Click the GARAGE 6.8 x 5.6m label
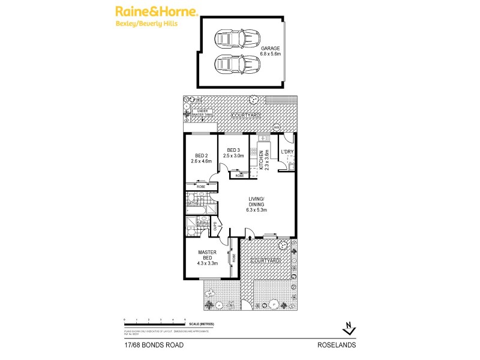point(270,51)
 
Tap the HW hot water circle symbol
point(276,127)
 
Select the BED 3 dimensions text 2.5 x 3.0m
point(234,156)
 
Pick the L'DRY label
point(286,152)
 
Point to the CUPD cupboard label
point(214,227)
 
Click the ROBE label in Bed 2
point(201,187)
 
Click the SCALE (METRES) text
point(202,324)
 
